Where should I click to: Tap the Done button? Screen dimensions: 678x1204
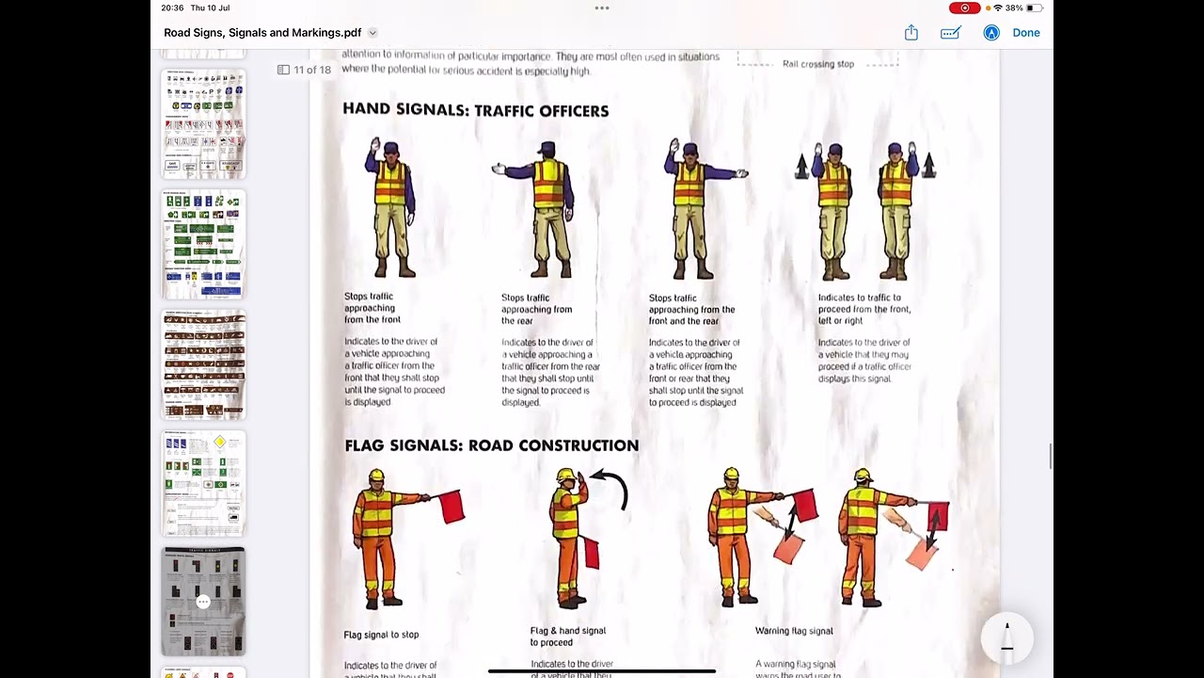pos(1025,33)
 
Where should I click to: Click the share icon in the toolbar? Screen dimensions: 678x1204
pos(911,33)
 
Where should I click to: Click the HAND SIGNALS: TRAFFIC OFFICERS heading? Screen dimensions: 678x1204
pos(475,110)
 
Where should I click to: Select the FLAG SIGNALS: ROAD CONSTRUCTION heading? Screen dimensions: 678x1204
pos(491,445)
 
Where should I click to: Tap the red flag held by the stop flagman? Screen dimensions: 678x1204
pos(451,506)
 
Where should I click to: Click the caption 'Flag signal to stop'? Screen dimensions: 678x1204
pos(381,635)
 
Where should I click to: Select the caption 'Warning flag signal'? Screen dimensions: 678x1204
pos(793,631)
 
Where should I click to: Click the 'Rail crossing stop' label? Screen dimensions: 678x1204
pos(817,64)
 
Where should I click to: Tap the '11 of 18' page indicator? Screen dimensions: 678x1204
pos(311,70)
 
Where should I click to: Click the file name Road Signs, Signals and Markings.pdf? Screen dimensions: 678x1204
pos(262,33)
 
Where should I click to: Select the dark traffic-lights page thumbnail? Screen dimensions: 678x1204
pos(203,601)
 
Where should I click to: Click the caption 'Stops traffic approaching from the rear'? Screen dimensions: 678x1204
pos(536,309)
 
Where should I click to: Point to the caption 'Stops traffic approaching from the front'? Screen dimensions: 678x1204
pos(372,308)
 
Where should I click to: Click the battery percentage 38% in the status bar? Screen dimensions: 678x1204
pos(1013,8)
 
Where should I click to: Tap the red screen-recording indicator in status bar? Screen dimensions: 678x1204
pos(964,8)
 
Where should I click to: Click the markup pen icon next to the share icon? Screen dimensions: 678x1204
pos(950,33)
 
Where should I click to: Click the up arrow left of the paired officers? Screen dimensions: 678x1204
pos(801,167)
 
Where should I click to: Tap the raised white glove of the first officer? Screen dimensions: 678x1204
pos(375,145)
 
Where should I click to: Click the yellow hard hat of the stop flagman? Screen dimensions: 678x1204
pos(376,476)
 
